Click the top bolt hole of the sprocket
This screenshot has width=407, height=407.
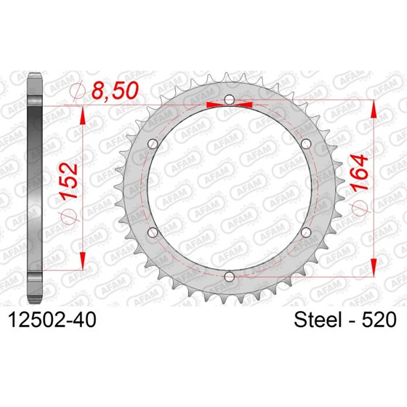tap(229, 99)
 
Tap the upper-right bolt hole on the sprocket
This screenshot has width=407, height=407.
tap(306, 143)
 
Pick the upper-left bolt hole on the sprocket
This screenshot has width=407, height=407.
tap(152, 143)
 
